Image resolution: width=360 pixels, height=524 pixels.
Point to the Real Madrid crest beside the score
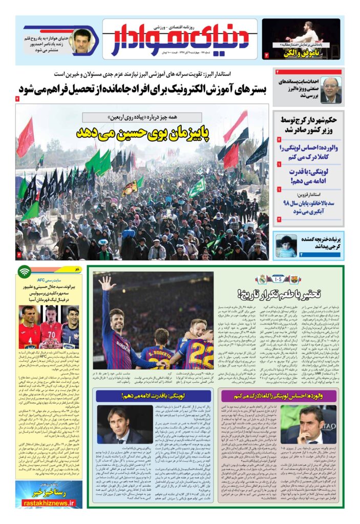[x=263, y=279]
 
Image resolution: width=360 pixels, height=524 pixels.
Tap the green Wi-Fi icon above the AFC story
[x=24, y=271]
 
